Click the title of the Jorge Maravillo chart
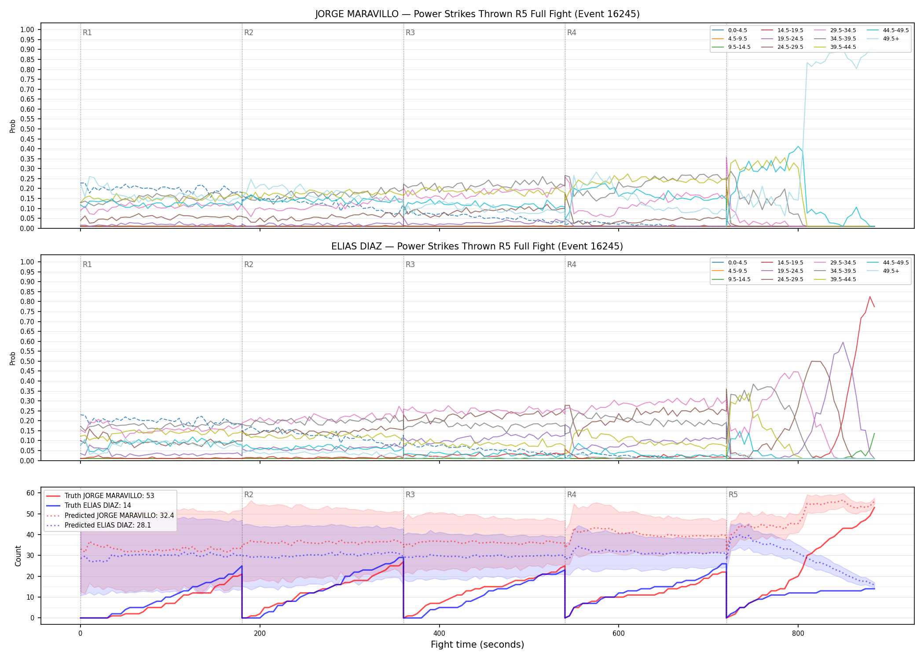(x=477, y=14)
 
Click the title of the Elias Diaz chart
(x=477, y=246)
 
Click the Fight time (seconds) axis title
(x=477, y=645)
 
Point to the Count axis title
(x=18, y=556)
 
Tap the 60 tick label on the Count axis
(x=30, y=493)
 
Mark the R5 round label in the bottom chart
(x=733, y=495)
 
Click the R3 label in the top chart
(x=410, y=33)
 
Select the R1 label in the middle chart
(x=87, y=264)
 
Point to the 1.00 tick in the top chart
(x=27, y=30)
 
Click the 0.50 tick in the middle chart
(x=27, y=361)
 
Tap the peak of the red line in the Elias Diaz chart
(x=870, y=297)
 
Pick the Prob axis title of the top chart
(x=13, y=126)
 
